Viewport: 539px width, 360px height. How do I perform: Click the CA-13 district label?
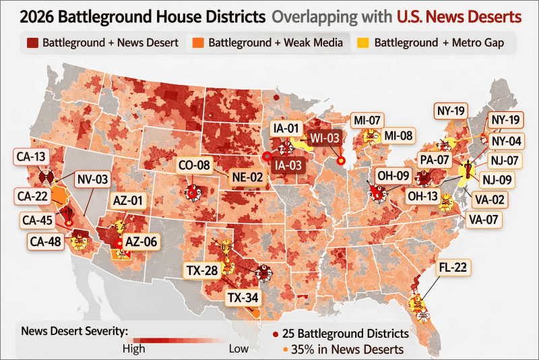tap(30, 157)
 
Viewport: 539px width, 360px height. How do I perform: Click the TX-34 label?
tap(241, 297)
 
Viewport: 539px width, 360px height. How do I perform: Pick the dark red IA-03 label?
tap(286, 163)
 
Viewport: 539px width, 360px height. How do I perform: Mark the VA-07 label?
tap(484, 218)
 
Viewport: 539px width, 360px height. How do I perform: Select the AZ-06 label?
tap(141, 242)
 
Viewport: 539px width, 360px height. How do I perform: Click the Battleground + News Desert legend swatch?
tap(32, 43)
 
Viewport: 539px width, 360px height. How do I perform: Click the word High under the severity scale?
tap(133, 349)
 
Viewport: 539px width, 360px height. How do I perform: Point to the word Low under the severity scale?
tap(239, 349)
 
